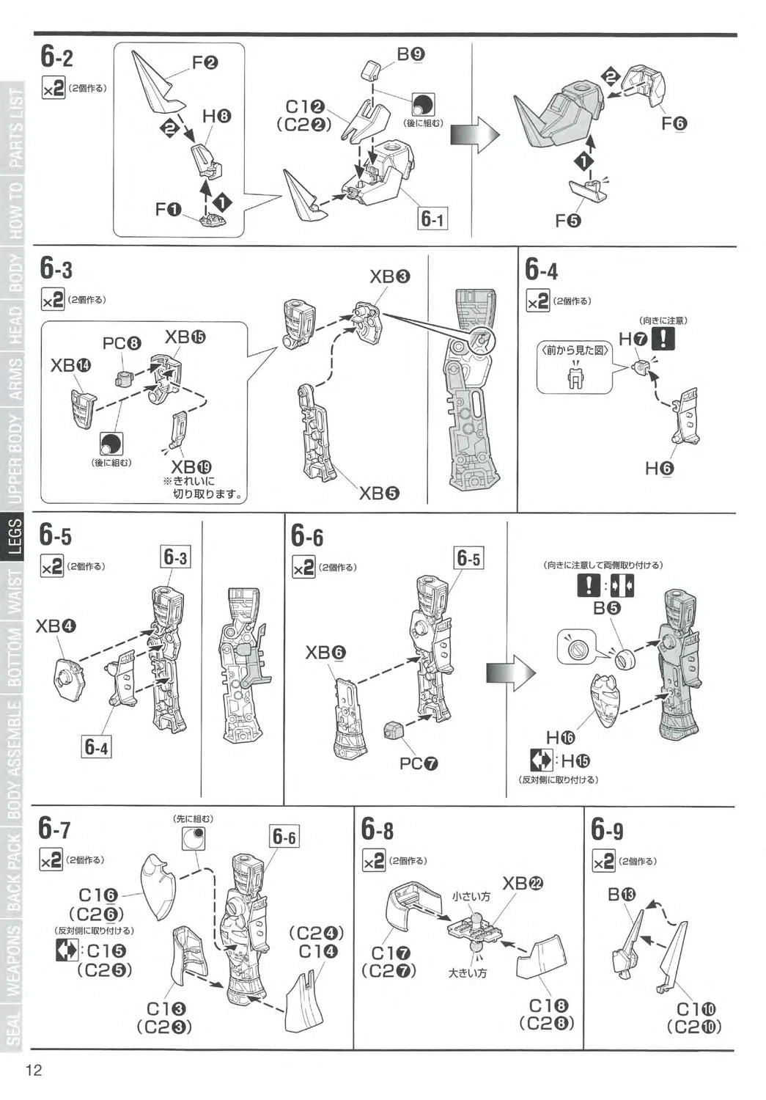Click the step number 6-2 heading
[56, 57]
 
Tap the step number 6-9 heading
[607, 830]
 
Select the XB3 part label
[389, 277]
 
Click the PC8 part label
[122, 343]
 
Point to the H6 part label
[659, 469]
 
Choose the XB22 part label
[523, 884]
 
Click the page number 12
[34, 1070]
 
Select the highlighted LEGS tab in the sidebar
[15, 536]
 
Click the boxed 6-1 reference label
[432, 219]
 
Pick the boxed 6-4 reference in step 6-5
[97, 747]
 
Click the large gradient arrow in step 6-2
[474, 136]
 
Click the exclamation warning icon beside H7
[663, 338]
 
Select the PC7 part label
[419, 763]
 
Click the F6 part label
[674, 123]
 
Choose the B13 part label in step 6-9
[622, 895]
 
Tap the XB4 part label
[56, 626]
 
